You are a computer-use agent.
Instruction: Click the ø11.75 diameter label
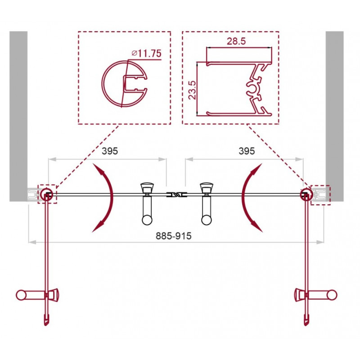[x=147, y=53]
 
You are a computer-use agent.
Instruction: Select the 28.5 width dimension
[x=236, y=41]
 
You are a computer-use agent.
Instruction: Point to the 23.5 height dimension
[x=192, y=90]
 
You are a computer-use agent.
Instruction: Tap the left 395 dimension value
[x=110, y=151]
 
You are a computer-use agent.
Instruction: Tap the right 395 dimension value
[x=247, y=151]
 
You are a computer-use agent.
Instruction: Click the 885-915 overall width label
[x=174, y=236]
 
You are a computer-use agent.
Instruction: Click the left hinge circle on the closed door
[x=47, y=195]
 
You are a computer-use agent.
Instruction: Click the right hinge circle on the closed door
[x=306, y=195]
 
